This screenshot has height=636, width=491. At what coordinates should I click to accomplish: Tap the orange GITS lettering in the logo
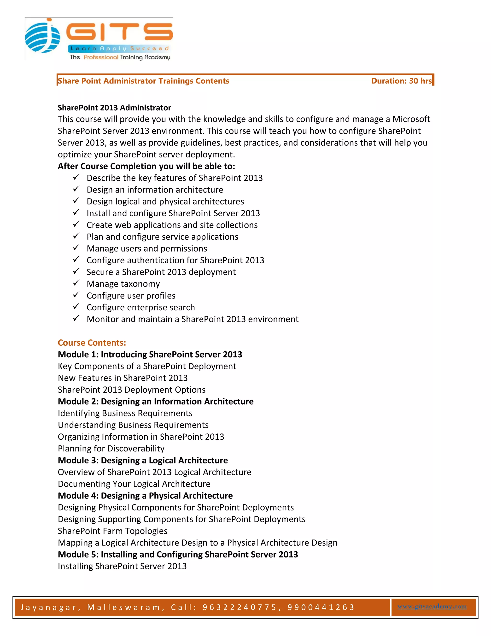119,31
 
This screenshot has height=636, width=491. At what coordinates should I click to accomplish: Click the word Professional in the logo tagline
101,57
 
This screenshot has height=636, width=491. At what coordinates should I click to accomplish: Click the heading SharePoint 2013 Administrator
114,108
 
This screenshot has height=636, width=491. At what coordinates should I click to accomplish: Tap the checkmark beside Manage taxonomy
76,283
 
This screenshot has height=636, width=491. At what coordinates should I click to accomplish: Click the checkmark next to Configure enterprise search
76,306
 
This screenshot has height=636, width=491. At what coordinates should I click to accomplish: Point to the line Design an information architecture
155,190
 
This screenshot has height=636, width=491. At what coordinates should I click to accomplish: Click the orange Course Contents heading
92,343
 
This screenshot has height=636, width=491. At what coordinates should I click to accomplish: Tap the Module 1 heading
150,354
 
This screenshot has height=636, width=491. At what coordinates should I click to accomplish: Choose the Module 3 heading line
143,460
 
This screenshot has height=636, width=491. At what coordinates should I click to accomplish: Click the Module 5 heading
178,554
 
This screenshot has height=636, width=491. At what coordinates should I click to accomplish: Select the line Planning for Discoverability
111,449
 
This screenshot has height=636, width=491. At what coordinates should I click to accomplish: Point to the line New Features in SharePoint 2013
123,378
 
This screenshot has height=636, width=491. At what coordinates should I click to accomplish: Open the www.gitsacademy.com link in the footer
432,606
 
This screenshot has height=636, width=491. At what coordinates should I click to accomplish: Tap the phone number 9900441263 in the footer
321,607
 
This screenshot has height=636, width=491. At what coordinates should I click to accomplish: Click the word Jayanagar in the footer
48,607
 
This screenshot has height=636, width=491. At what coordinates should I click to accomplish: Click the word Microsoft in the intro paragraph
411,119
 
